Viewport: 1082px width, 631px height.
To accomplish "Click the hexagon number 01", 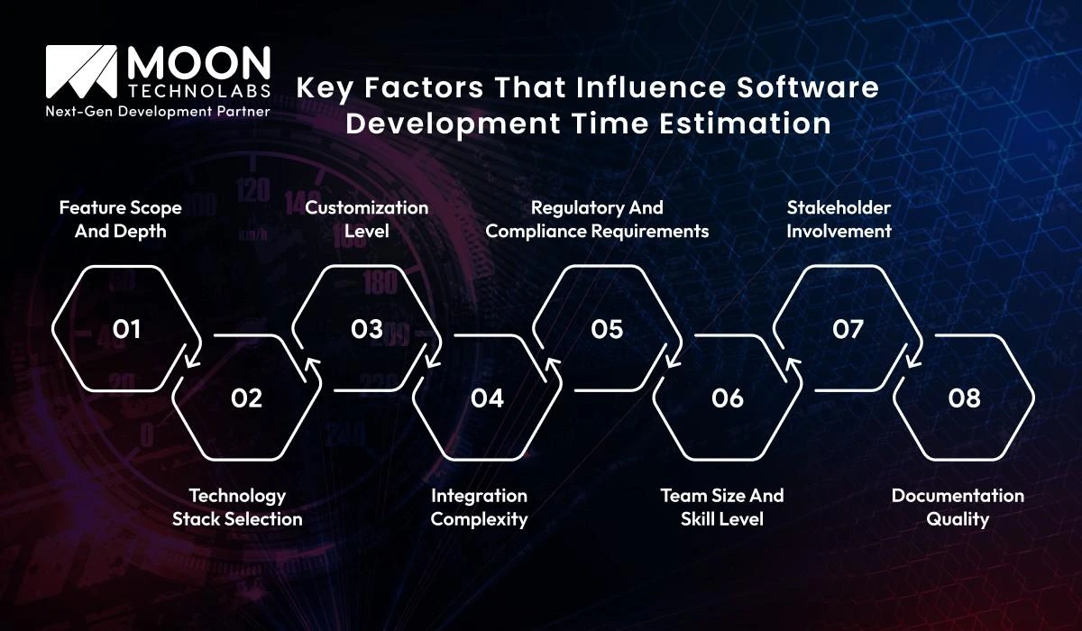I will (x=127, y=330).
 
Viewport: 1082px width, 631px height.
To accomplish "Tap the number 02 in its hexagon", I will (x=246, y=398).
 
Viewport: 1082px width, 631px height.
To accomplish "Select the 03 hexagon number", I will (x=367, y=330).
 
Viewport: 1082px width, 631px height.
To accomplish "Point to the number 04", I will (x=487, y=398).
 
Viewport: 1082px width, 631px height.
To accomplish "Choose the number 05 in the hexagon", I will (x=607, y=330).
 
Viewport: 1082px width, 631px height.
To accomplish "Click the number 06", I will (x=728, y=398).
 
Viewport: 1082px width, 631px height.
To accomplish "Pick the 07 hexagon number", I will (x=848, y=330).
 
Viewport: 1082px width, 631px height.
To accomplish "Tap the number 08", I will (x=964, y=398).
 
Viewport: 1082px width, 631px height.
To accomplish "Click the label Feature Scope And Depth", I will (x=121, y=219).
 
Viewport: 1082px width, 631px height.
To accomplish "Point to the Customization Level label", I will (x=366, y=219).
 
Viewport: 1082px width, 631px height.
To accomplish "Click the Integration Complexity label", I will (x=479, y=507).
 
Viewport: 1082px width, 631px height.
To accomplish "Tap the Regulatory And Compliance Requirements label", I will (x=597, y=219).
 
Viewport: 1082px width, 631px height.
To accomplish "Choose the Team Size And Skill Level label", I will (x=722, y=507).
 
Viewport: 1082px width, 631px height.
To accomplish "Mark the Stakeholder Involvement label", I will (x=839, y=219).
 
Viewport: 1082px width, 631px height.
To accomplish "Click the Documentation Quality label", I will (x=958, y=507).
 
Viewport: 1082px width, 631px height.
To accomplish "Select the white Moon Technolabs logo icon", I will (x=82, y=73).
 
